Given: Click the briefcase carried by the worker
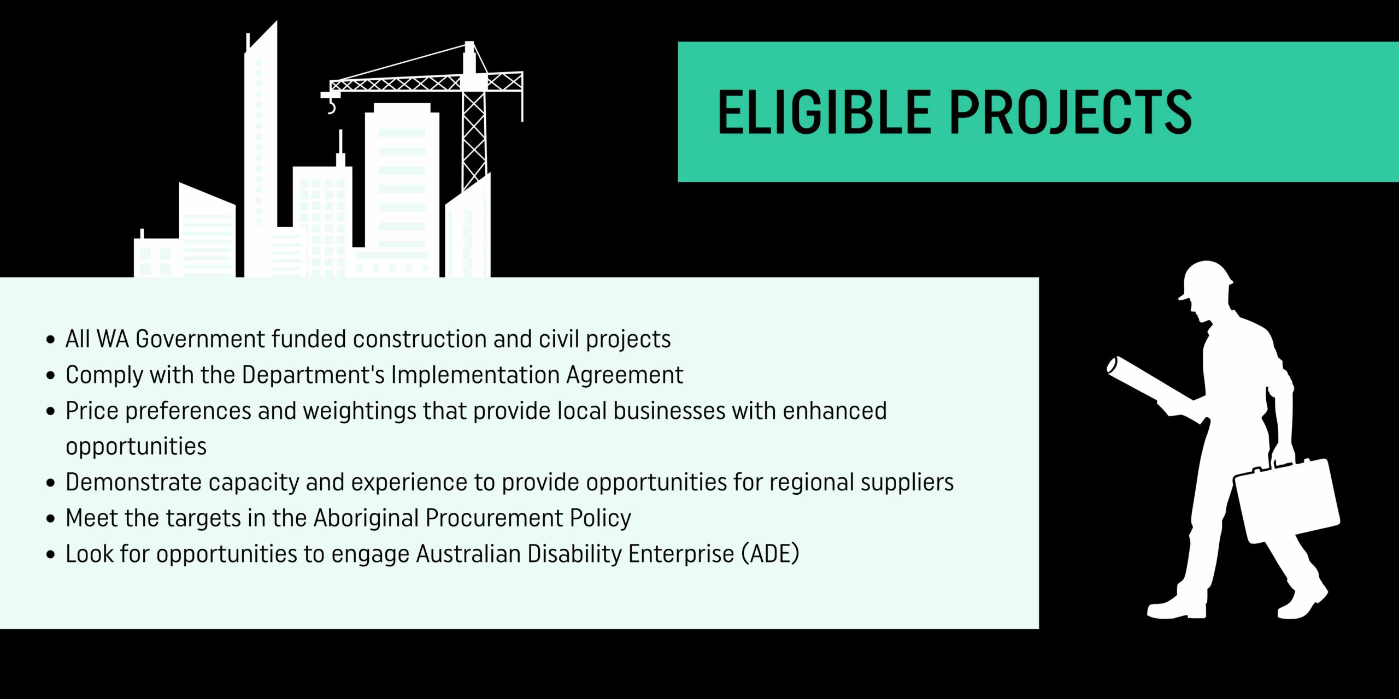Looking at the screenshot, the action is tap(1287, 500).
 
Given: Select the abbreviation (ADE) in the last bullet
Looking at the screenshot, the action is tap(771, 554).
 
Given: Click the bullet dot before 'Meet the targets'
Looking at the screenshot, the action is tap(51, 518).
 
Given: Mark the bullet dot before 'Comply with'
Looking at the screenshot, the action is tap(51, 375).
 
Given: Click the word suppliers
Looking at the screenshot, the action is tap(907, 483).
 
